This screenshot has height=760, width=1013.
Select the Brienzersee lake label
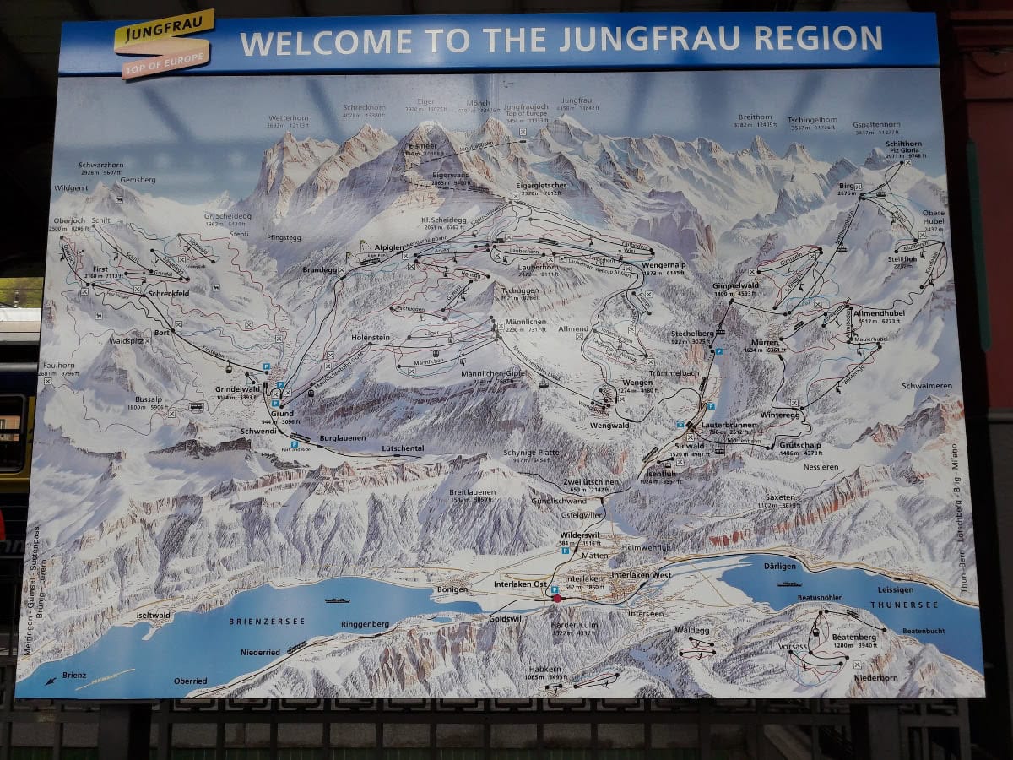click(x=267, y=621)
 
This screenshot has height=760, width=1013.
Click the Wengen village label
click(x=637, y=383)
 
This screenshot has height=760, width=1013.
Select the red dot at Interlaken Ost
click(x=556, y=598)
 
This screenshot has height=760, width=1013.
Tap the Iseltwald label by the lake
click(x=153, y=616)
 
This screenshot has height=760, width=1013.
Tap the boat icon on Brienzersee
click(x=337, y=600)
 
